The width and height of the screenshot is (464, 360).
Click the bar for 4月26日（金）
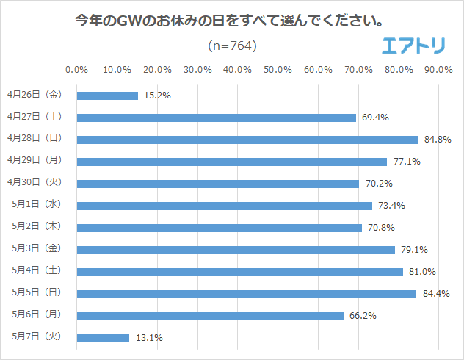(x=107, y=96)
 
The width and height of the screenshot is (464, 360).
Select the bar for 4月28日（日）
(x=247, y=140)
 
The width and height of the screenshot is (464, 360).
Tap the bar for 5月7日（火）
(x=103, y=338)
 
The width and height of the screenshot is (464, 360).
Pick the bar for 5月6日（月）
(x=210, y=316)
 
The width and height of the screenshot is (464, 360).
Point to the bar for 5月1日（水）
(x=224, y=206)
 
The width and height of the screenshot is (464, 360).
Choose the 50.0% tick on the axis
(x=278, y=70)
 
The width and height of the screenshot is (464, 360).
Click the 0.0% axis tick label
(x=77, y=70)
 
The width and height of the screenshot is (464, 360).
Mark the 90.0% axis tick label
(x=438, y=70)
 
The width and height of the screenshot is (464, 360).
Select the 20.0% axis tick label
(x=157, y=70)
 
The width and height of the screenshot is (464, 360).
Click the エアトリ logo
(x=414, y=46)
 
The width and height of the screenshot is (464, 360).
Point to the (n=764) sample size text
(x=232, y=46)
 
